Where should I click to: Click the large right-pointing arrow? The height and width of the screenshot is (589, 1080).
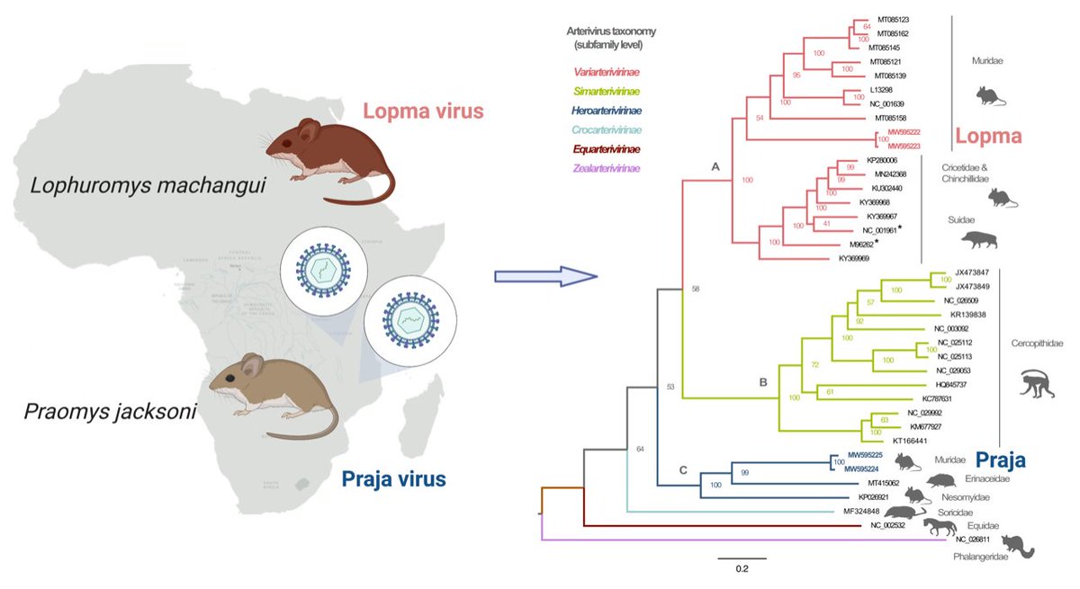point(546,275)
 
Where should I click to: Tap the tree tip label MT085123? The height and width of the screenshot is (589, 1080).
point(894,19)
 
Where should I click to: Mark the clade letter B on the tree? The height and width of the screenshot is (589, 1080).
point(762,382)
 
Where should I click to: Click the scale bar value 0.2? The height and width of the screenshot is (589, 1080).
point(735,568)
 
